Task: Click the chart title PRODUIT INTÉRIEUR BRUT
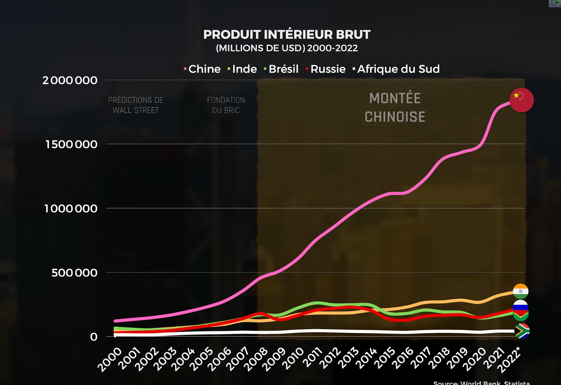point(287,34)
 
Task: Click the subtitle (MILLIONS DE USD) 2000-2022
point(287,48)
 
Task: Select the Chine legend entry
point(202,69)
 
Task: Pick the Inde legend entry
point(242,69)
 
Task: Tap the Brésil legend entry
point(281,69)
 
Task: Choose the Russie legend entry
point(326,69)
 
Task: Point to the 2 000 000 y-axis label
point(70,80)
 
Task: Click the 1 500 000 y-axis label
point(71,144)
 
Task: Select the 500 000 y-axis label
point(74,273)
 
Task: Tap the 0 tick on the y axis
point(94,337)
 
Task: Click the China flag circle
point(521,100)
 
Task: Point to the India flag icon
point(520,291)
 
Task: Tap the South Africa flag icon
point(522,331)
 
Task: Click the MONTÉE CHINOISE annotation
point(395,108)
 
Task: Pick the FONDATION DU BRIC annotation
point(226,105)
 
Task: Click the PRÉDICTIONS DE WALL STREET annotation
point(136,105)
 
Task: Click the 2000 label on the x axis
point(110,359)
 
